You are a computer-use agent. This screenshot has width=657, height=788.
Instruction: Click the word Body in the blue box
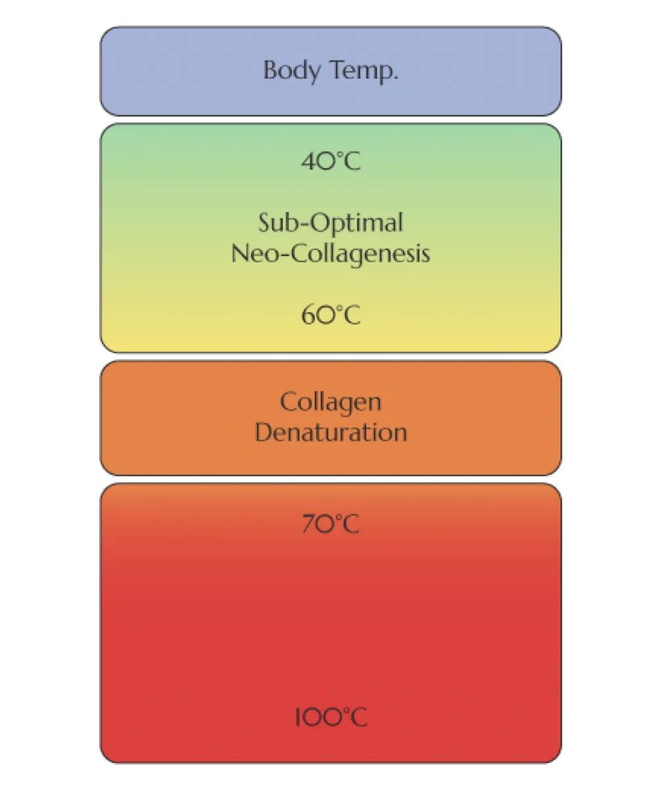click(x=287, y=70)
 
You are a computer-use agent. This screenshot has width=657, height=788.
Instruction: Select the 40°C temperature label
click(x=331, y=161)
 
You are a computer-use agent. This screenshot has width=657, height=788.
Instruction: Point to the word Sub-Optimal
click(x=330, y=223)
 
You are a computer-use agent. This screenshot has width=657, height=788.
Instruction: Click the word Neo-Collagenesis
click(x=330, y=253)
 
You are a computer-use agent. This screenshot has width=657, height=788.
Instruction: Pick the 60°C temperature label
click(x=331, y=316)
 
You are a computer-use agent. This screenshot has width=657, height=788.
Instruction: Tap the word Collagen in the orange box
click(x=330, y=401)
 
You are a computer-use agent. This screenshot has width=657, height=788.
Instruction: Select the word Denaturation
click(x=330, y=433)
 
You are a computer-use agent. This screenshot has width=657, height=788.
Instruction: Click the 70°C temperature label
click(x=330, y=525)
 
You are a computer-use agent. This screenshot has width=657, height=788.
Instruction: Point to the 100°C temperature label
click(x=330, y=716)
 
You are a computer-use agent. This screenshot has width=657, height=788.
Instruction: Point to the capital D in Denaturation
click(x=262, y=433)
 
